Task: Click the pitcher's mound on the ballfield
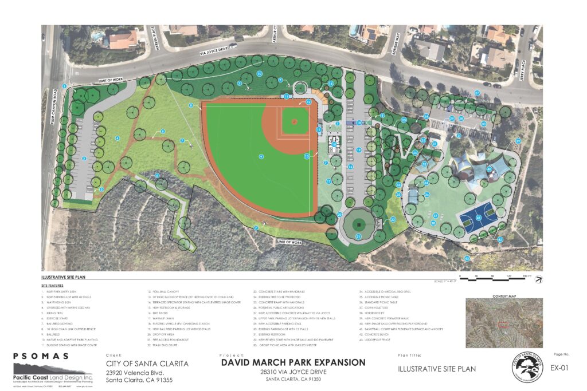(x=294, y=121)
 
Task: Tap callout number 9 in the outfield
(x=261, y=156)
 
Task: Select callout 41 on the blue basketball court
(x=478, y=218)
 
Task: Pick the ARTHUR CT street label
(x=275, y=34)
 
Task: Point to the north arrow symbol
(x=538, y=279)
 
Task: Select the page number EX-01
(x=558, y=368)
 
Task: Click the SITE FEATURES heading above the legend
(x=53, y=285)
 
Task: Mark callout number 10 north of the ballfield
(x=259, y=74)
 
